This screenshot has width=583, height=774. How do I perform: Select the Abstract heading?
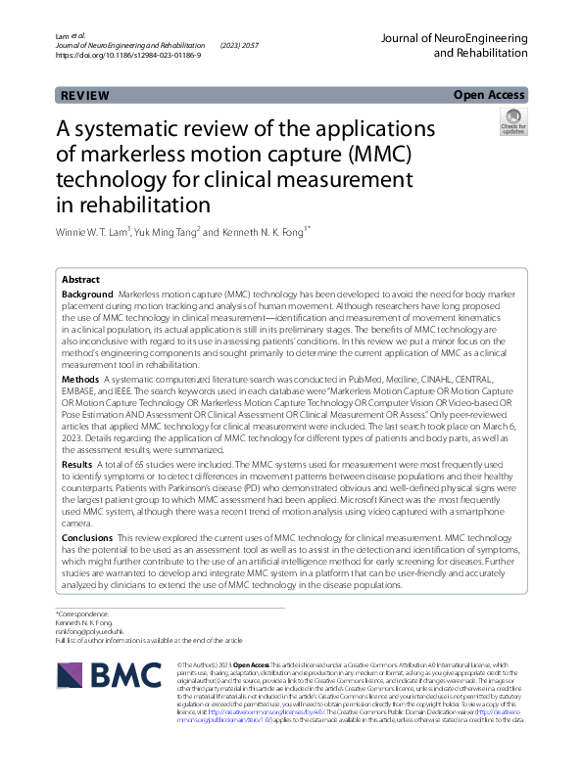[80, 279]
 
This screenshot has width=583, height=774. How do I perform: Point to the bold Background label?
[87, 295]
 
